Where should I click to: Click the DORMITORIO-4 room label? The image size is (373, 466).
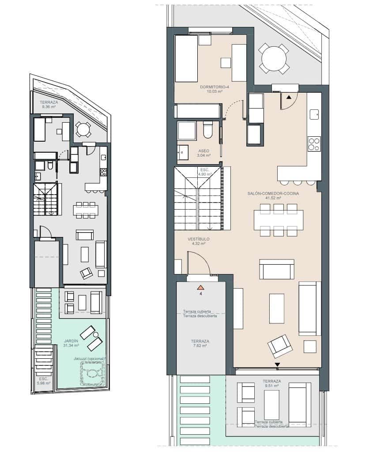215,87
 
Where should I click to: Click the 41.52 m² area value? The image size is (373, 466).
273,199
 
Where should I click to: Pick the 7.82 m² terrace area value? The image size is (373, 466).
200,346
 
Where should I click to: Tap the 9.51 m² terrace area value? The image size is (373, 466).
271,386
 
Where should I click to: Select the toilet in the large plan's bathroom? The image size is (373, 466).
208,130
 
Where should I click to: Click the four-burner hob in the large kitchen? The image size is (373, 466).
314,144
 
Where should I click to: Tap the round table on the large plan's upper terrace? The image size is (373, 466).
274,58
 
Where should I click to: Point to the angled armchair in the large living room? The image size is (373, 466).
280,346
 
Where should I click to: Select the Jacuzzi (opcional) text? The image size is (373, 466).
90,359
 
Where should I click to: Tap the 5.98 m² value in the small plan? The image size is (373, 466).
43,383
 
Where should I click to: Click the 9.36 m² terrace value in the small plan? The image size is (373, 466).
48,107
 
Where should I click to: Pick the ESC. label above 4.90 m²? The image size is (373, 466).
204,169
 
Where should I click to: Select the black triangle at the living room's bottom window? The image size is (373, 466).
277,365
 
